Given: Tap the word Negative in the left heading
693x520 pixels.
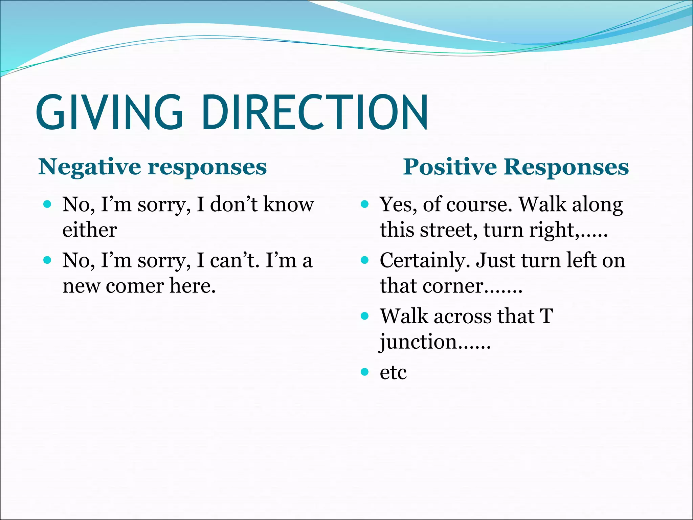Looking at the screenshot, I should click(x=89, y=167).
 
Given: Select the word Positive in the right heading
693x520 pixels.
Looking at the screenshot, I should click(x=450, y=167).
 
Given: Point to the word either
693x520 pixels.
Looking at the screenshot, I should click(x=90, y=230).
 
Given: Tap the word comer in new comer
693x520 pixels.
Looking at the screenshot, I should click(x=135, y=286).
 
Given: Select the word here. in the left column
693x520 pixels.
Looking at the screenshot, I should click(x=193, y=286).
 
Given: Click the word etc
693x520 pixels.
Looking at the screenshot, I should click(x=393, y=372).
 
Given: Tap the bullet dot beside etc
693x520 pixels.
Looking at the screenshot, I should click(x=364, y=372).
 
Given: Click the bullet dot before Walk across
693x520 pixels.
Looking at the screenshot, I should click(x=364, y=316).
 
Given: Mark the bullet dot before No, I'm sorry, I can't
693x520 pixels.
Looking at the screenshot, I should click(x=47, y=260).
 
